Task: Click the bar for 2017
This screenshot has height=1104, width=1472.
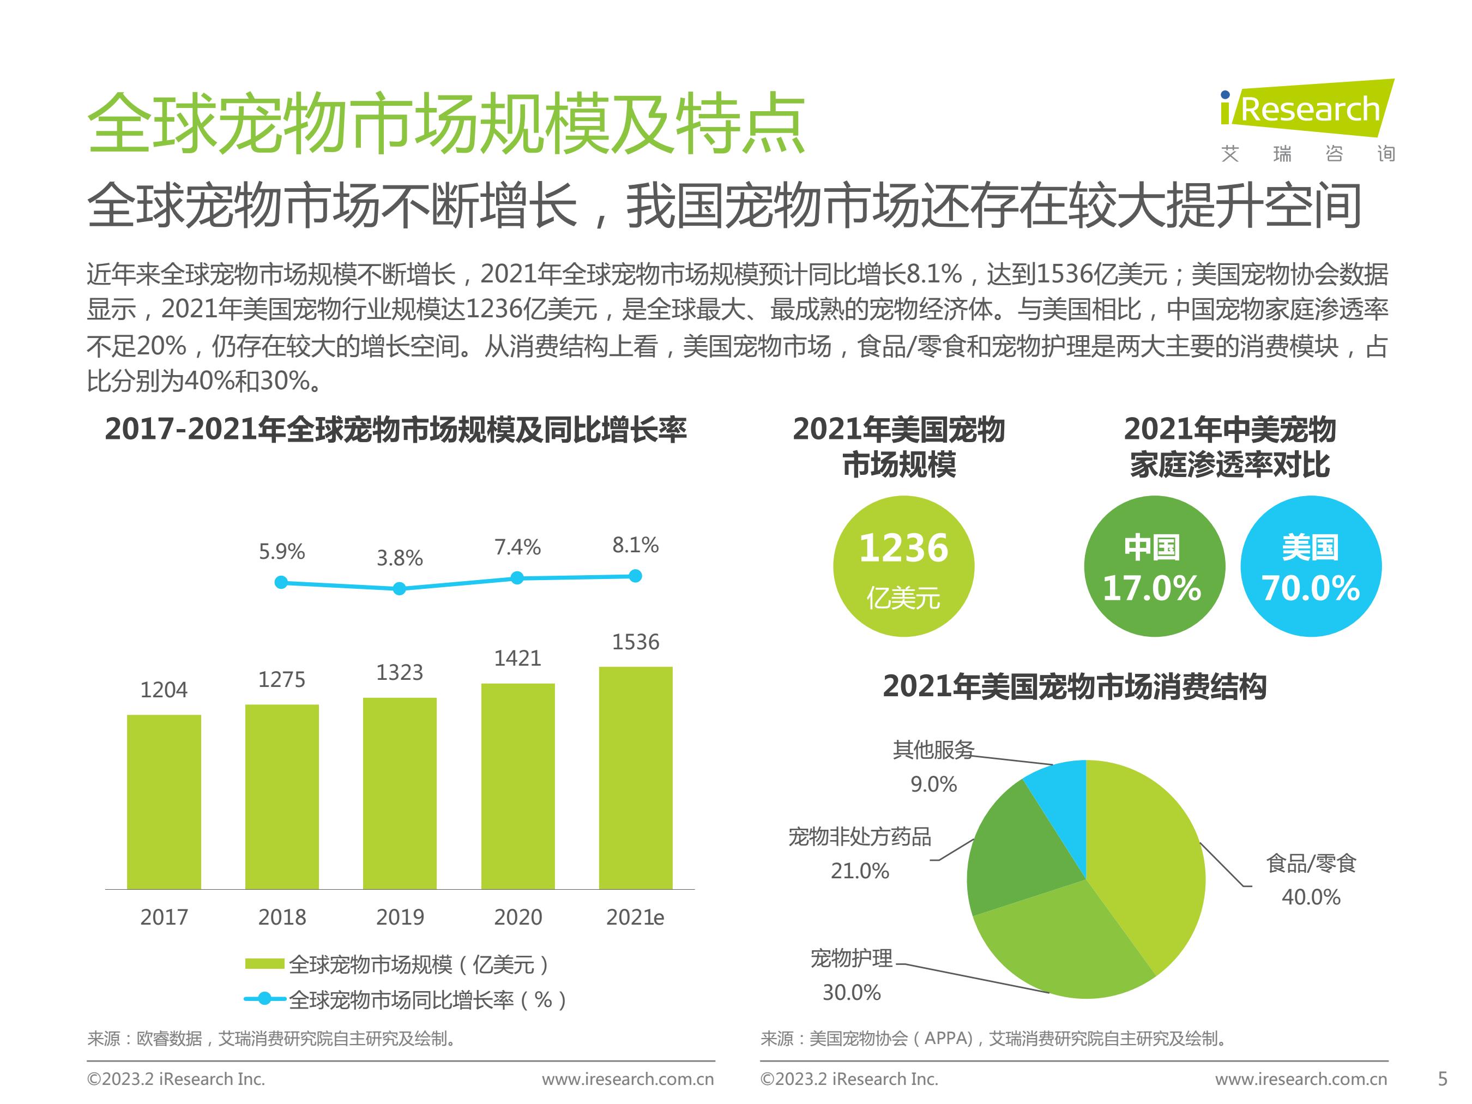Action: pos(164,801)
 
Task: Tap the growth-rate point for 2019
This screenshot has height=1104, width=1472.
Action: pos(399,588)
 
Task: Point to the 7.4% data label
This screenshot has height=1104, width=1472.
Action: pos(517,547)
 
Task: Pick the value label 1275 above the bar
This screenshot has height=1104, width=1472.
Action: pos(281,679)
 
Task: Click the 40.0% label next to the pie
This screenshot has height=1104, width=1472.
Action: pos(1310,897)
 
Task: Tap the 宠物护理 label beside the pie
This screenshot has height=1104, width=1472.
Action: pos(851,958)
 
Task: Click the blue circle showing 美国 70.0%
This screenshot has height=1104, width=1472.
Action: pos(1310,566)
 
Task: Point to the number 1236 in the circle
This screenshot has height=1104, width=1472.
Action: pos(903,548)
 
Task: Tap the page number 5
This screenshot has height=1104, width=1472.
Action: pos(1442,1079)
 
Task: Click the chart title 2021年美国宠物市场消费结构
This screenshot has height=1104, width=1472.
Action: pos(1074,687)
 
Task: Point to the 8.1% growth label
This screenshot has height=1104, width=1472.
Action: pos(635,545)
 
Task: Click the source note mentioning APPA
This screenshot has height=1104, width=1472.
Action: pos(994,1038)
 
